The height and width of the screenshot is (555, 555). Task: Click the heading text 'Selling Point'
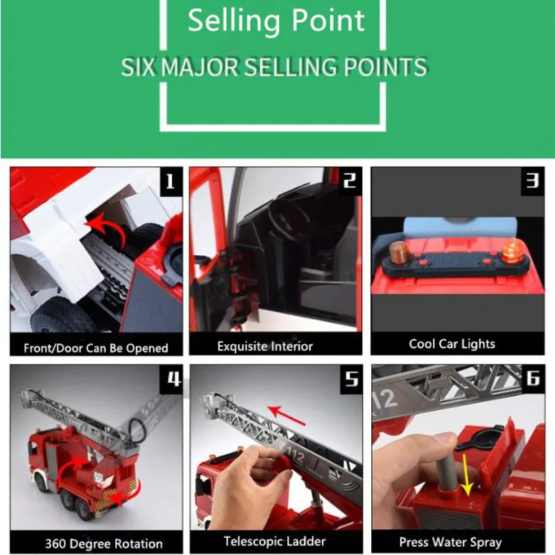[275, 22]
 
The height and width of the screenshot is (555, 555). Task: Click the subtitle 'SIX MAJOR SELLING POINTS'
[274, 67]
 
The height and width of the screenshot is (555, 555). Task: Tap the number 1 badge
[171, 182]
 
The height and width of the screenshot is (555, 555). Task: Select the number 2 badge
[350, 181]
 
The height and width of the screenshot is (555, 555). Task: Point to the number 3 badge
[533, 181]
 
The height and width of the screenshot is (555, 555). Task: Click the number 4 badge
[171, 379]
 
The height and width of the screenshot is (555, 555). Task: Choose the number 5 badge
[351, 379]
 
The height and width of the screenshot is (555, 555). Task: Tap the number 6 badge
[533, 378]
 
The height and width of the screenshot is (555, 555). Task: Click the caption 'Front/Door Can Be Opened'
[96, 348]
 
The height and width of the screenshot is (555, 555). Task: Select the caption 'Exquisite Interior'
[265, 346]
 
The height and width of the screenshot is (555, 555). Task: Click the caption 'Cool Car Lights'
[452, 343]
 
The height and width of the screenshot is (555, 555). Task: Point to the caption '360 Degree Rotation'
[103, 543]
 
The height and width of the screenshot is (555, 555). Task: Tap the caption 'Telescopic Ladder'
[275, 541]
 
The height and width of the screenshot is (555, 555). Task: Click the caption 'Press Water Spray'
[450, 543]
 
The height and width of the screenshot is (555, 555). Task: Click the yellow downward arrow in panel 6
[466, 475]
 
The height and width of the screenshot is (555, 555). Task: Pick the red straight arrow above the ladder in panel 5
[286, 415]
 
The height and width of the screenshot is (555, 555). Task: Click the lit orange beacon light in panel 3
[513, 250]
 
